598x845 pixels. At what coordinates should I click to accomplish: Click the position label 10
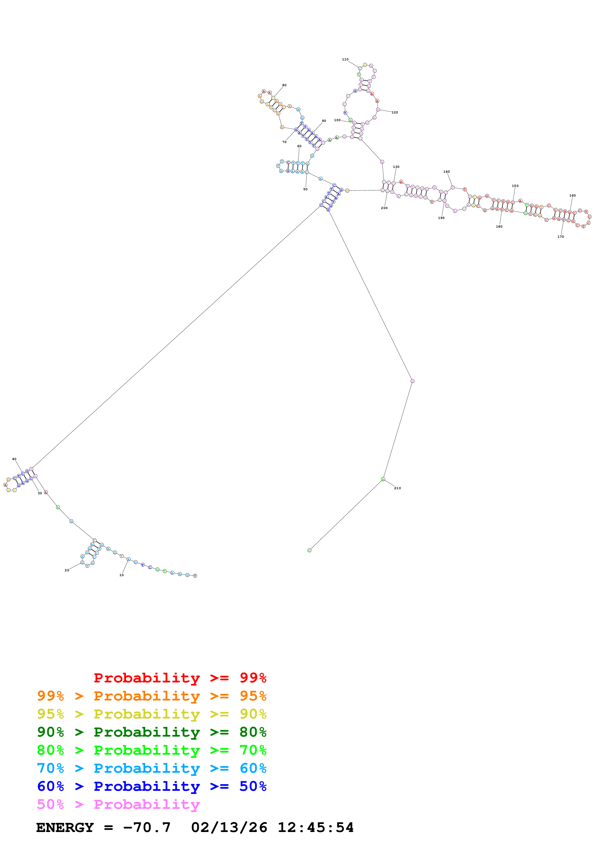122,575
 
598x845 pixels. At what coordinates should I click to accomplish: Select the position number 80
284,85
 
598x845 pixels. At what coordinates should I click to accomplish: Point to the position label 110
345,59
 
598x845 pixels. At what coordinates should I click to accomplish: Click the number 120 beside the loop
395,112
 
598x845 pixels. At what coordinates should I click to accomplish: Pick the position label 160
572,195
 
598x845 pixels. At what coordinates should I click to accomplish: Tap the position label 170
560,237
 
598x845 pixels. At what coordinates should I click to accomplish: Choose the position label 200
384,208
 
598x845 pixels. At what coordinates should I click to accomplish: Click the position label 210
397,488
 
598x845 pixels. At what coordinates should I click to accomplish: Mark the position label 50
305,189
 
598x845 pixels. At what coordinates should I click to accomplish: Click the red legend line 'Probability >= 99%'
180,678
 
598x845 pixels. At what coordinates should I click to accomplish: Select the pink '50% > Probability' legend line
118,804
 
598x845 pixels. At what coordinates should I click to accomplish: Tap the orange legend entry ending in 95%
152,696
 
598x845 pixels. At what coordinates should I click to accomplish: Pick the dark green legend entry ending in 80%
152,732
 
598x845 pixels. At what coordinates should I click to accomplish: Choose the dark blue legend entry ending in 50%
152,786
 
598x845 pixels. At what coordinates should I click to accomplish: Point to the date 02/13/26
229,827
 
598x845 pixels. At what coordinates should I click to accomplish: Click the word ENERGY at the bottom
65,827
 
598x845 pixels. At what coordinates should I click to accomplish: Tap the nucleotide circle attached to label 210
383,479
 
